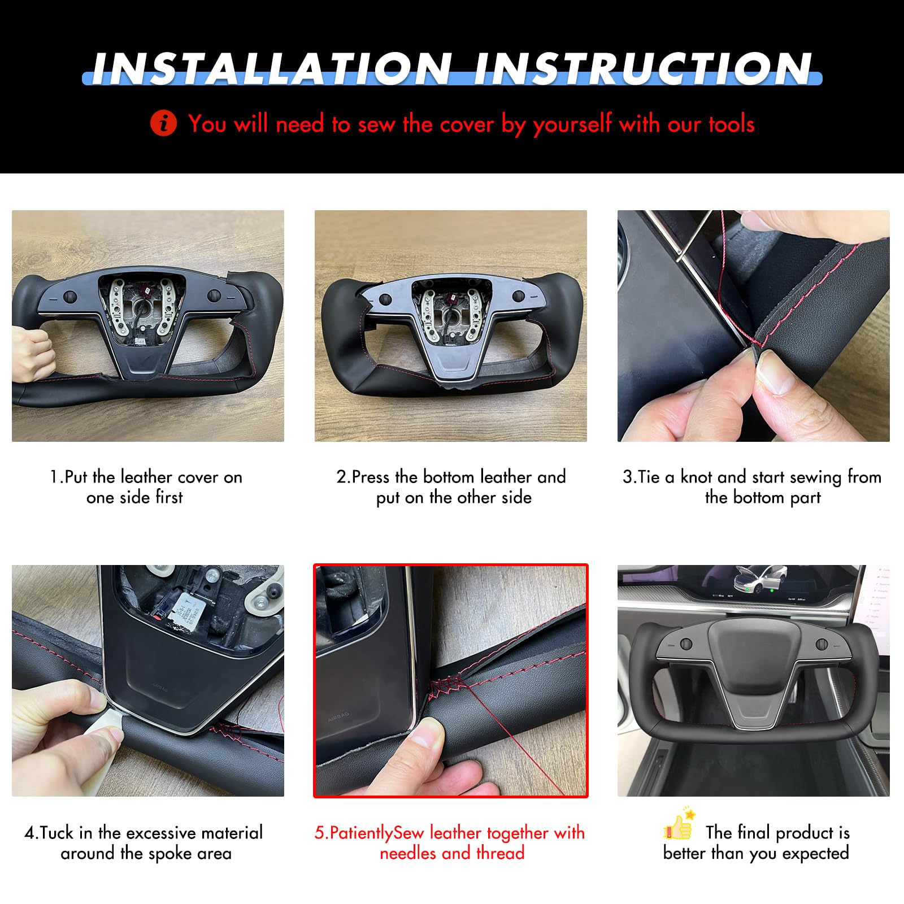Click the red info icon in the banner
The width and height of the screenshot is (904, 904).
(164, 123)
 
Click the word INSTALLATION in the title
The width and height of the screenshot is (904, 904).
(270, 69)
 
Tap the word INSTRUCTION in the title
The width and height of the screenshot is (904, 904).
(642, 69)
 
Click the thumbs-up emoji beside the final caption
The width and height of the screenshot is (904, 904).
(679, 825)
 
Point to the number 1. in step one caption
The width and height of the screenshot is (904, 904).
(56, 477)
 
